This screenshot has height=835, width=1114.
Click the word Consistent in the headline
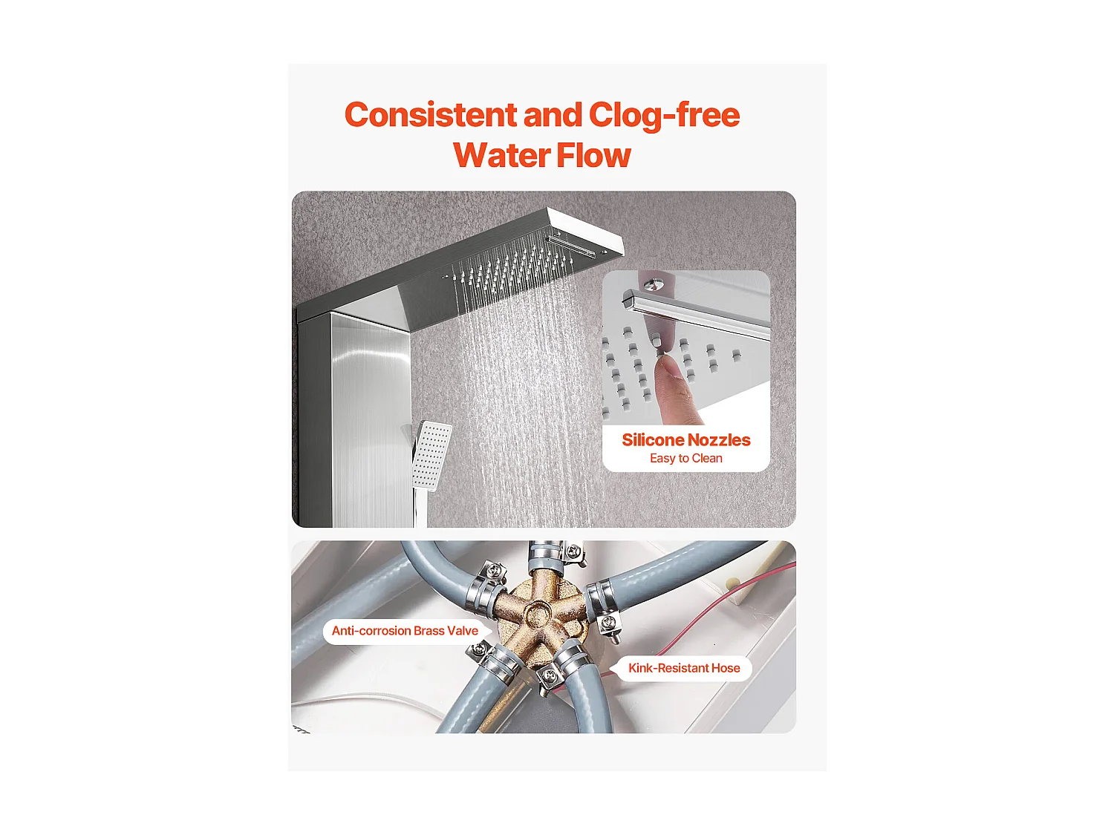[x=431, y=115]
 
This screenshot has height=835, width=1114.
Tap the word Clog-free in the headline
[x=664, y=116]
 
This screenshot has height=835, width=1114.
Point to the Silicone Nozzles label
[x=685, y=439]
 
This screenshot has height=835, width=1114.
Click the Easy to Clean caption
[x=685, y=458]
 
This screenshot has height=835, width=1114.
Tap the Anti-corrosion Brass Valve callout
[x=405, y=631]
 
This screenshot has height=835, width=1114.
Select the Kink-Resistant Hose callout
[x=684, y=668]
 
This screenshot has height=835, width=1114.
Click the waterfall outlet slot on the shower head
[x=571, y=245]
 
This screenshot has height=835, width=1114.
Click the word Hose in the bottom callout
[x=726, y=668]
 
